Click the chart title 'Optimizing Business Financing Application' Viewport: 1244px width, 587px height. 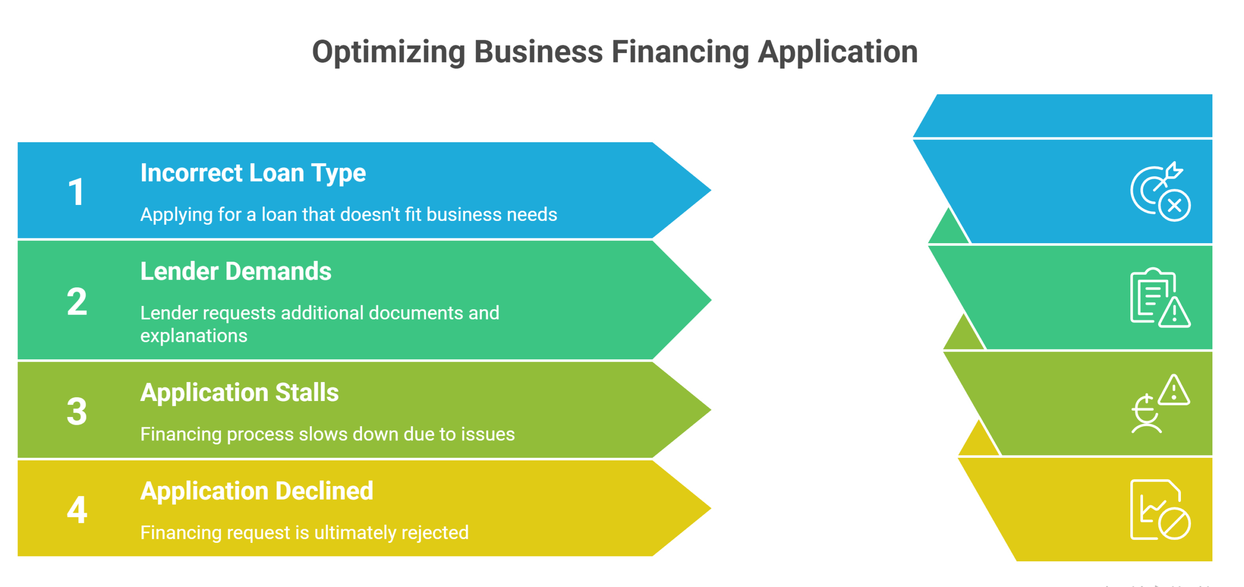click(615, 52)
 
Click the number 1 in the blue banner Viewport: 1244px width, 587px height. click(76, 192)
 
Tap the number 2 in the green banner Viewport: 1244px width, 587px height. click(77, 302)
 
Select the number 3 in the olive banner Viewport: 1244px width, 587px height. click(77, 411)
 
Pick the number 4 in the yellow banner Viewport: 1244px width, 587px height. click(77, 510)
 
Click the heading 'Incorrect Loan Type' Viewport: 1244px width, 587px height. click(253, 173)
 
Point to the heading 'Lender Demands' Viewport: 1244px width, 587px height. click(236, 271)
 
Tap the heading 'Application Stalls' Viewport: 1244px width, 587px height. click(239, 392)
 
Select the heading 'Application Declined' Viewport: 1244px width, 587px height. click(257, 491)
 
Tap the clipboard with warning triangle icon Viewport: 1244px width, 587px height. click(1159, 297)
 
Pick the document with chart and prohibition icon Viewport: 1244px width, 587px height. click(1159, 510)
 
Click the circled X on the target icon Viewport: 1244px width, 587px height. click(1175, 206)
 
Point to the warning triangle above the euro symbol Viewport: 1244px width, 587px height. click(1174, 390)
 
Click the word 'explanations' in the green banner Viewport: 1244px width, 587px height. click(193, 336)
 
